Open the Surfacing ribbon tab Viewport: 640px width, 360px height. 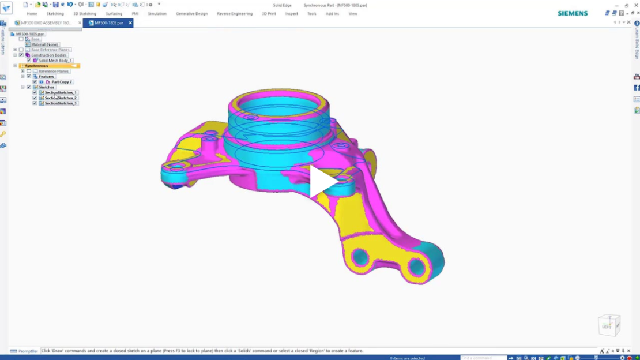(114, 14)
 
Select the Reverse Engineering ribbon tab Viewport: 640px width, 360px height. (235, 14)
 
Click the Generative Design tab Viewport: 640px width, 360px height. (191, 14)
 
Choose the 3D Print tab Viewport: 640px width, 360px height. (269, 14)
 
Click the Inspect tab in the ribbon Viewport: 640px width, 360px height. (291, 14)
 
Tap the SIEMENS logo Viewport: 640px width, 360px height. (573, 13)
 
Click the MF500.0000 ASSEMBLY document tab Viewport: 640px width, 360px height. (46, 23)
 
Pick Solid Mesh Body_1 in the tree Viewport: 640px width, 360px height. (55, 61)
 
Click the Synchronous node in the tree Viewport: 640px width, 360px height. (36, 66)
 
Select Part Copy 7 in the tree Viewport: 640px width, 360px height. (62, 82)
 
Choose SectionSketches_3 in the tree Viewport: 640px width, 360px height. (61, 103)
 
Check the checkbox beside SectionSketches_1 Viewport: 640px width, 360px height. (35, 92)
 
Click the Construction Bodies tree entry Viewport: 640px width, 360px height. (49, 55)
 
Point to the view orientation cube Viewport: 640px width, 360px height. (608, 325)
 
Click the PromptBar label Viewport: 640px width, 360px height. (28, 351)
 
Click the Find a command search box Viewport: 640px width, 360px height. (483, 358)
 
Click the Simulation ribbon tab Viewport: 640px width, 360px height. (157, 14)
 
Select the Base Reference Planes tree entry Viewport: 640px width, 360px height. (51, 50)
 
